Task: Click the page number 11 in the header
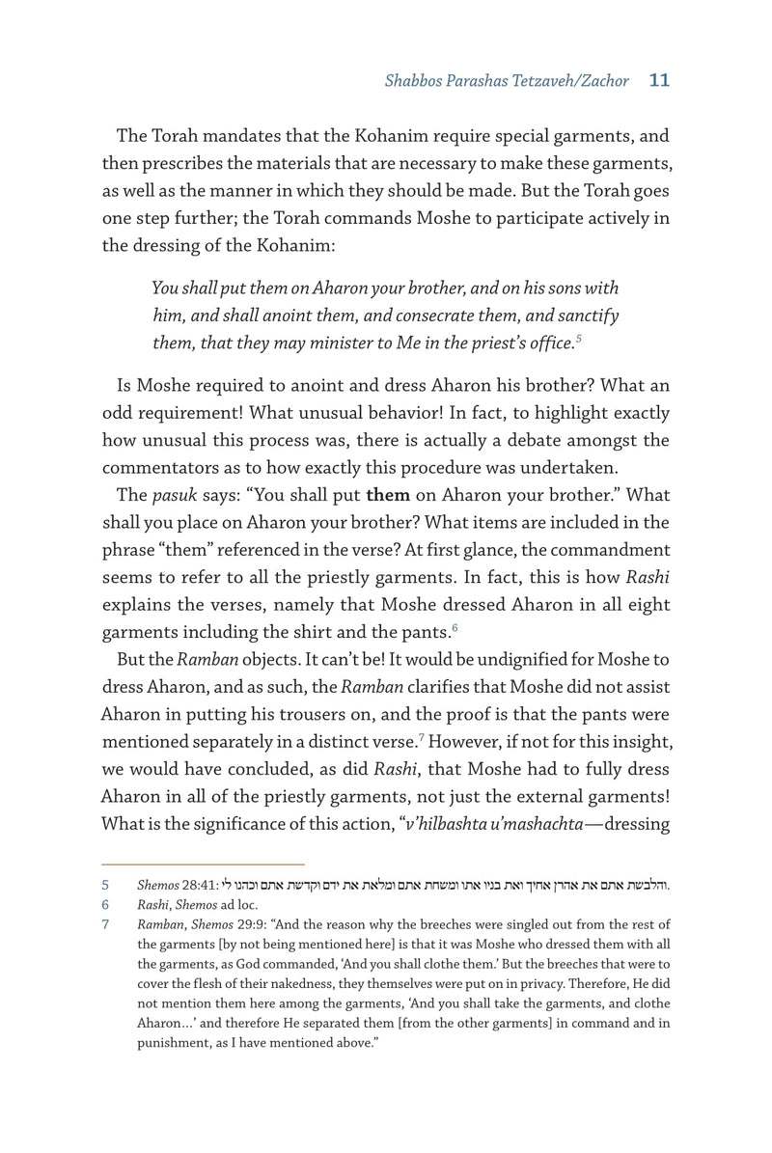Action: pos(659,81)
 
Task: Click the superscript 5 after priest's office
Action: pos(578,337)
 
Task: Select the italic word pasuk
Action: pos(171,496)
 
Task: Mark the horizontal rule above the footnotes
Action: pos(203,864)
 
